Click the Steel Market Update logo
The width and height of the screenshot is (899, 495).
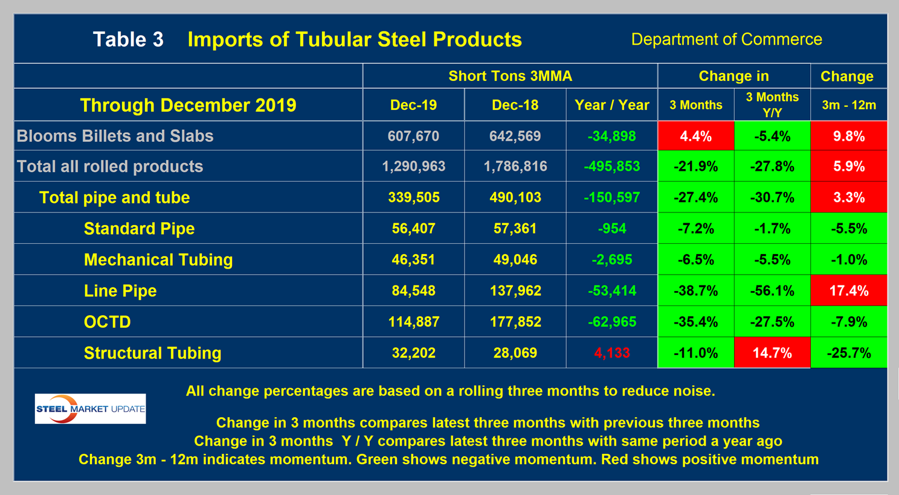point(91,409)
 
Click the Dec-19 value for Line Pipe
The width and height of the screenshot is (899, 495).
point(413,291)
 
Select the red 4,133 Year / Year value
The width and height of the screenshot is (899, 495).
point(611,353)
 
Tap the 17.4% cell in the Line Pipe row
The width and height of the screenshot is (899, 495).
point(848,291)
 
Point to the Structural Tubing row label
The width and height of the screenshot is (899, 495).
point(152,353)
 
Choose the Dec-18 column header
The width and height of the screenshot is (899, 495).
point(515,105)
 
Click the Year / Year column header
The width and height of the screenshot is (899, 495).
point(611,105)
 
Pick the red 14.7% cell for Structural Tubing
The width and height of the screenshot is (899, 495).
point(772,353)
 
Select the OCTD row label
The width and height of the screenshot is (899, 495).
point(107,322)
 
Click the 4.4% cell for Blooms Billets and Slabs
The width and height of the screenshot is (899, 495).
point(695,136)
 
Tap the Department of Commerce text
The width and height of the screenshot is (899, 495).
point(726,40)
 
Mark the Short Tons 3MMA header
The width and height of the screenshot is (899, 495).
point(510,76)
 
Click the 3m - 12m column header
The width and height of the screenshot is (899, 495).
point(848,105)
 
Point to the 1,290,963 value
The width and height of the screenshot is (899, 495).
point(413,167)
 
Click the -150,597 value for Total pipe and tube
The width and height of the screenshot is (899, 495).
point(611,197)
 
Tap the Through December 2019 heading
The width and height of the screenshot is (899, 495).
point(188,105)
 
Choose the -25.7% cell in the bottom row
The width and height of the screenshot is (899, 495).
point(848,353)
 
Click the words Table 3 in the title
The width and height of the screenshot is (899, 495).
point(128,40)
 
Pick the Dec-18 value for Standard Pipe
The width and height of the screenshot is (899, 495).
point(515,229)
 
